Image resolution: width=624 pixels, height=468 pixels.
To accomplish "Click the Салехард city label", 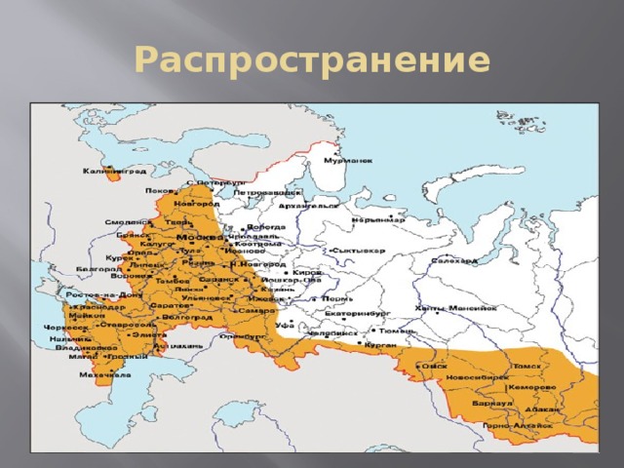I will coord(454,260).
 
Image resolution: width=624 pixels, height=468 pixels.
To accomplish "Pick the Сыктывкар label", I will coord(360,250).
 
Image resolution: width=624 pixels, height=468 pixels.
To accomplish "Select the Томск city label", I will coord(526,366).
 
